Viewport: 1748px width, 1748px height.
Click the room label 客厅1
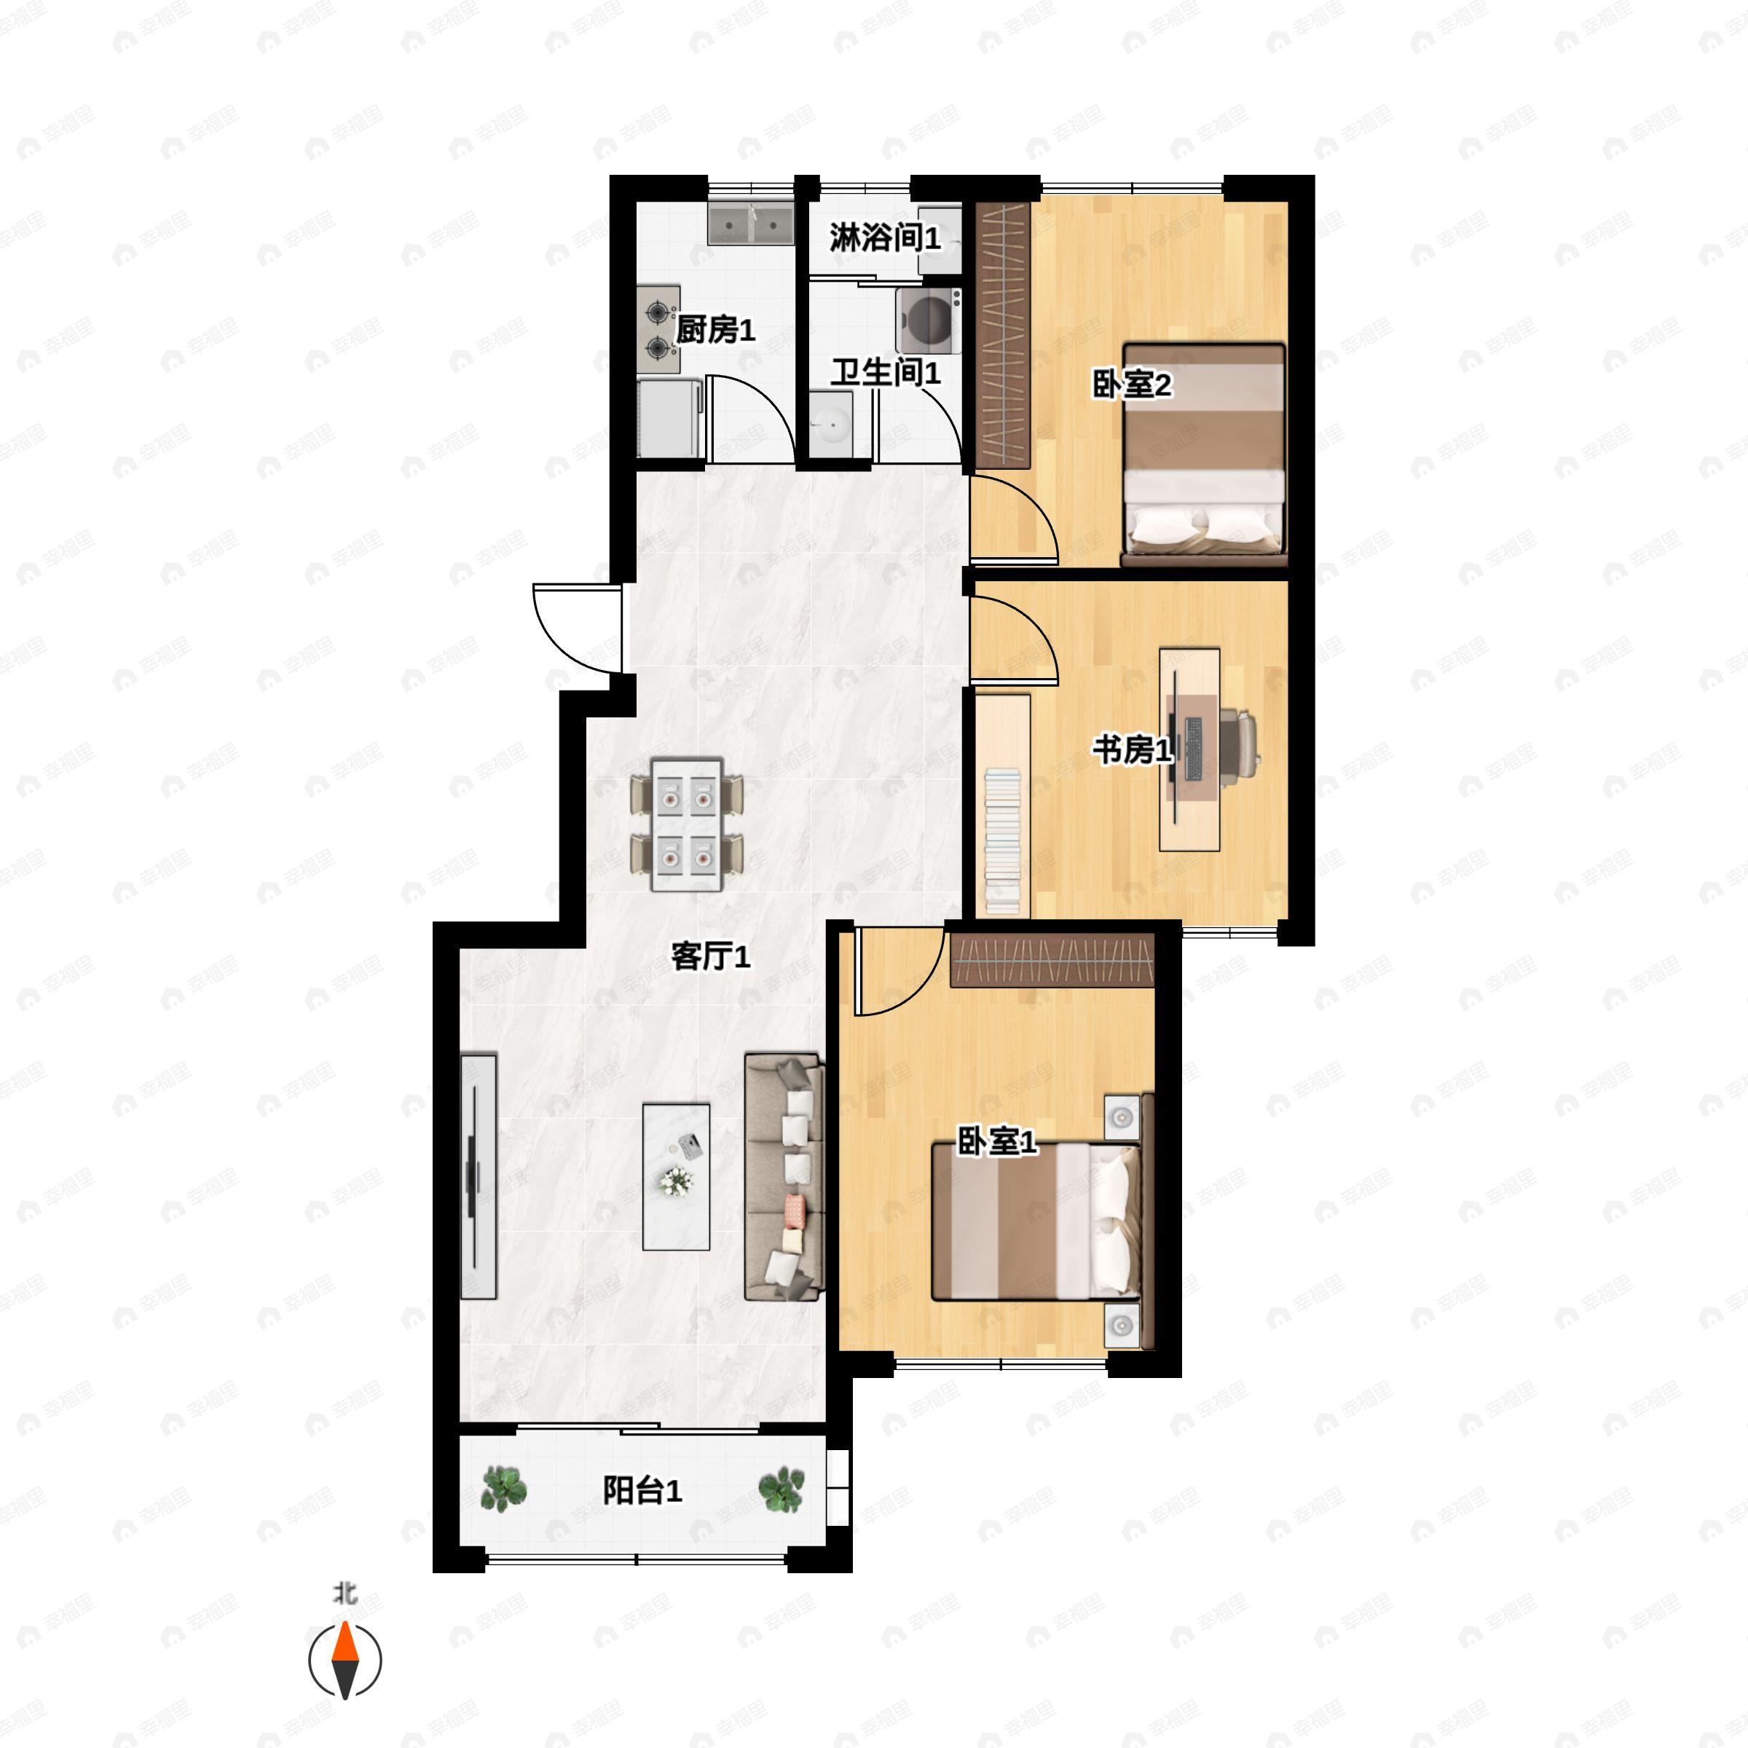(710, 956)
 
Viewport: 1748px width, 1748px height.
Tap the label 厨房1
(714, 331)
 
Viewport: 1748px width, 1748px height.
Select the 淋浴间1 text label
(885, 238)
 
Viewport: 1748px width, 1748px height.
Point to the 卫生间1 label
(885, 372)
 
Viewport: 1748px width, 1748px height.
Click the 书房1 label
(1133, 749)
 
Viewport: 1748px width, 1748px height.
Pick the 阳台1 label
(642, 1490)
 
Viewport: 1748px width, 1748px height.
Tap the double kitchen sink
(750, 223)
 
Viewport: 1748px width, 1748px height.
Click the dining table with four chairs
(687, 824)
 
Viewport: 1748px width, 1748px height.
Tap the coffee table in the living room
(676, 1176)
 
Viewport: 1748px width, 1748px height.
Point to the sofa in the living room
(784, 1176)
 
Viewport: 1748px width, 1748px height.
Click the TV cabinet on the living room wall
(479, 1176)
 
